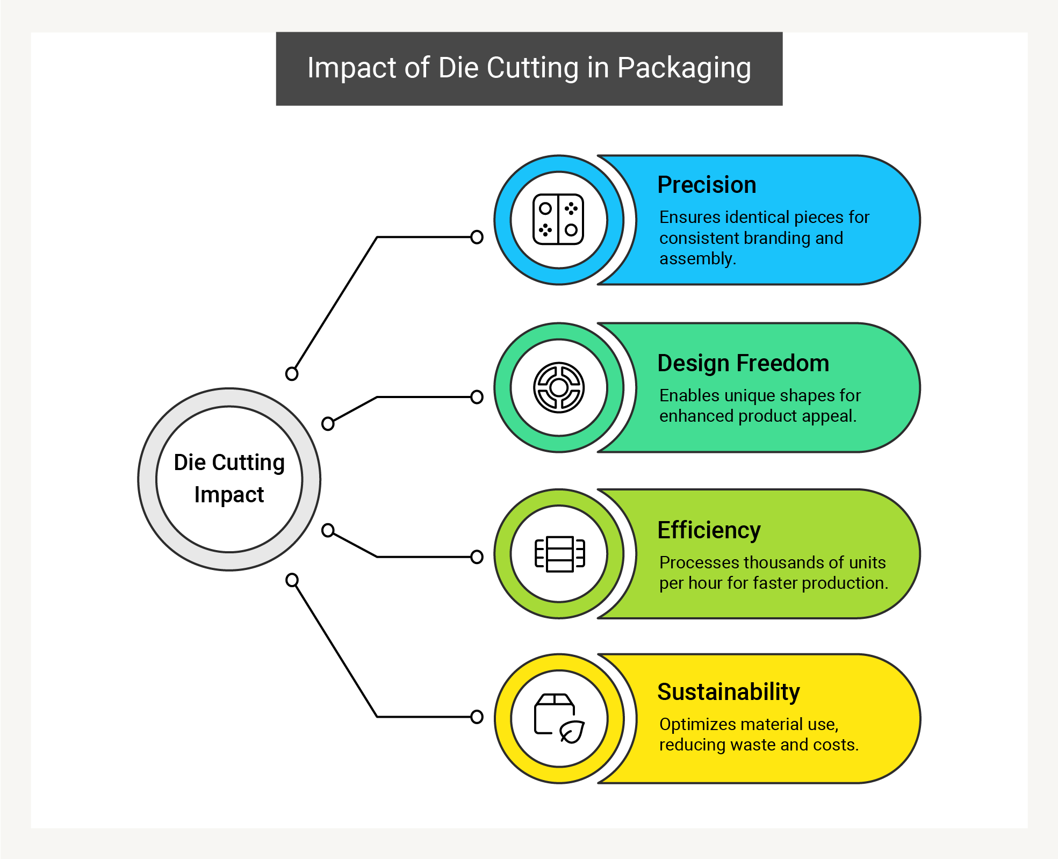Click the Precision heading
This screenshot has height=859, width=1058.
707,185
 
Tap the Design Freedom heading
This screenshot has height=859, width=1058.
743,364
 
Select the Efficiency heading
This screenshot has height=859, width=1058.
709,531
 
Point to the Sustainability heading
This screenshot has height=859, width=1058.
729,692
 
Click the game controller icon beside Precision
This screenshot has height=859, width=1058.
558,220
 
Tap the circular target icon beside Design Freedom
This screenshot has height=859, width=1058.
559,387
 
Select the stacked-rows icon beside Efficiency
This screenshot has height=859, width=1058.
559,554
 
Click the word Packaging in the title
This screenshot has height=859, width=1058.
684,69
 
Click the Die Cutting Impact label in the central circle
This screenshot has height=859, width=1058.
229,479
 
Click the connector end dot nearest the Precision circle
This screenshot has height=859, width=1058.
477,237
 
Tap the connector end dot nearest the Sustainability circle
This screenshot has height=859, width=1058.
477,717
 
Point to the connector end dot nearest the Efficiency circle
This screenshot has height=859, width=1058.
477,557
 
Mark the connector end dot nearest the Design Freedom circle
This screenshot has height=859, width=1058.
477,397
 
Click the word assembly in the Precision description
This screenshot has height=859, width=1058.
697,259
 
